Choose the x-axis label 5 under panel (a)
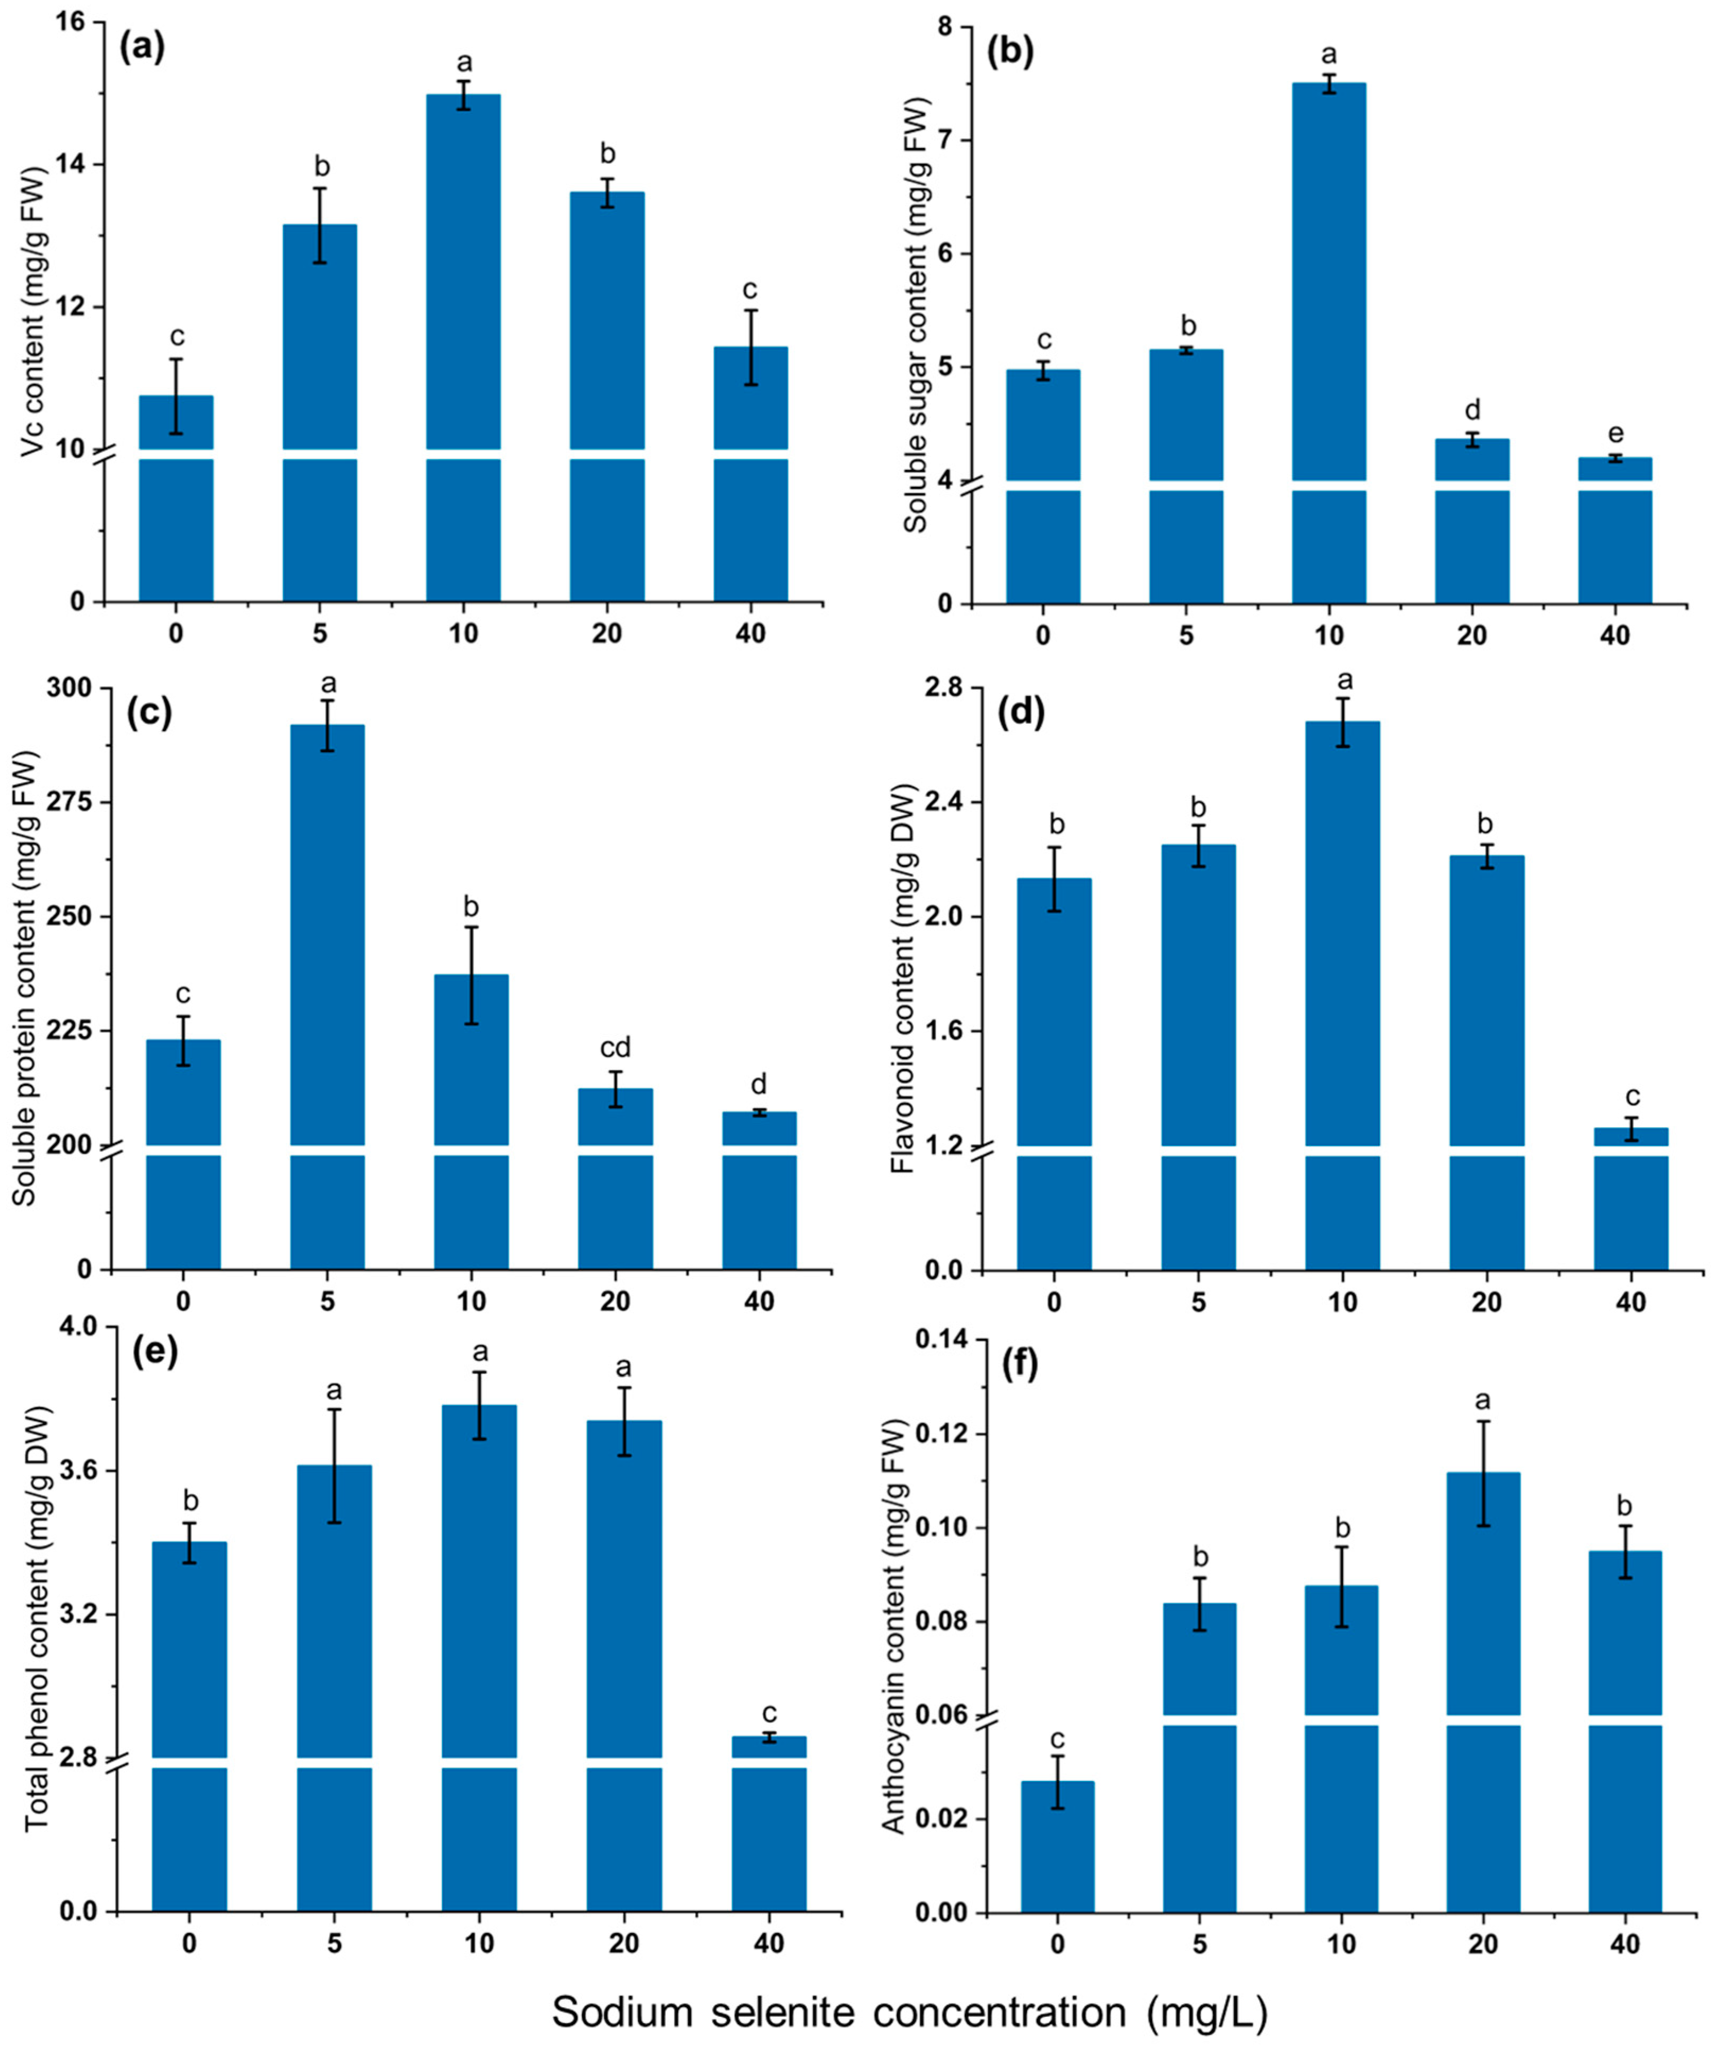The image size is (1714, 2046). (320, 633)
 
